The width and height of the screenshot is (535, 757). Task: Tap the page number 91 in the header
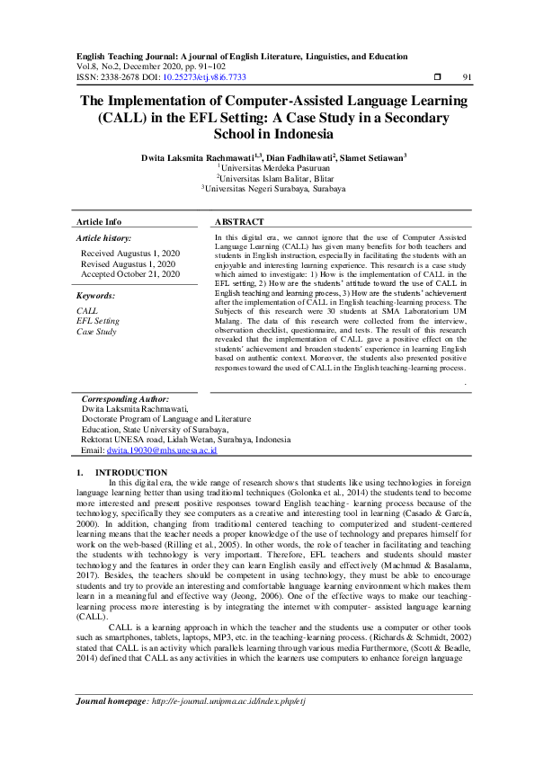467,78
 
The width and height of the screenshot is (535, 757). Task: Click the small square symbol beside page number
438,78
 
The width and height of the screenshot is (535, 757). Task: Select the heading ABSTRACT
240,221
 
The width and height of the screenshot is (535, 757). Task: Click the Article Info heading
99,221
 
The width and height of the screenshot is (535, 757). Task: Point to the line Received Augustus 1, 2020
130,254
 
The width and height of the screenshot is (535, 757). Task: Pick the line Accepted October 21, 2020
130,274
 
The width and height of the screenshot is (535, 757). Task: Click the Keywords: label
95,296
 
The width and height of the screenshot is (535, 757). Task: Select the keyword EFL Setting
98,321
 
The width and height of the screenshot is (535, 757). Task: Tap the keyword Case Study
96,332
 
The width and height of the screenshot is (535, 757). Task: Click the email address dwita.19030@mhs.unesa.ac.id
167,450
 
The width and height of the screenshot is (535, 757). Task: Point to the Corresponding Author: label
125,398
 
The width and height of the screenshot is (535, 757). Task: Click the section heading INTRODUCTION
131,472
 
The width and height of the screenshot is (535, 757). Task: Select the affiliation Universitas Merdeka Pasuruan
270,166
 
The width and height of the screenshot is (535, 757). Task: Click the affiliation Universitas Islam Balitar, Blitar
270,178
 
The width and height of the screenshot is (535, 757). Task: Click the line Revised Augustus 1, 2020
129,264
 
